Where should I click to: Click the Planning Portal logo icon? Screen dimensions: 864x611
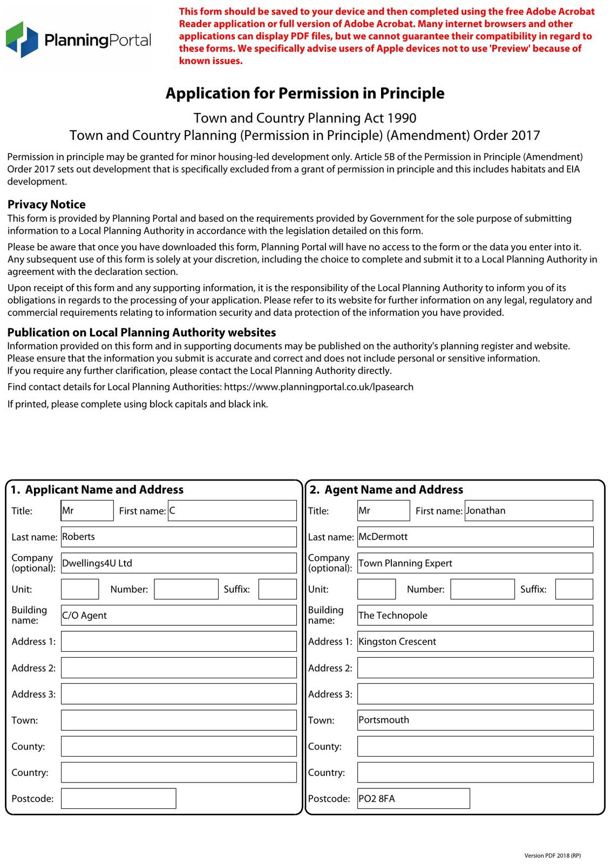pyautogui.click(x=22, y=39)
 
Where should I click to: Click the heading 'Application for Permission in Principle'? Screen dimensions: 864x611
pyautogui.click(x=305, y=93)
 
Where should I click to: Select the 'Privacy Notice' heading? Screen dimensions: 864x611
pyautogui.click(x=46, y=204)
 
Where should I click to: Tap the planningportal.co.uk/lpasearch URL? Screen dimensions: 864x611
pyautogui.click(x=318, y=387)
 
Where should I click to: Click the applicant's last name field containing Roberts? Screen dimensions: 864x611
pyautogui.click(x=179, y=537)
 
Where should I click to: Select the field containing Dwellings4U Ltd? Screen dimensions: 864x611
pyautogui.click(x=179, y=563)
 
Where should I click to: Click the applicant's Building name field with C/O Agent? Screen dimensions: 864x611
pyautogui.click(x=179, y=615)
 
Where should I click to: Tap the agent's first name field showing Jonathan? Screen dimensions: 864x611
pyautogui.click(x=528, y=510)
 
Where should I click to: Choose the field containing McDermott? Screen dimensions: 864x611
pyautogui.click(x=475, y=537)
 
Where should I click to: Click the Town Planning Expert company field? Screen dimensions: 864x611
pyautogui.click(x=475, y=563)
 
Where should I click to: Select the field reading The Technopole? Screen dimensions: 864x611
pyautogui.click(x=475, y=615)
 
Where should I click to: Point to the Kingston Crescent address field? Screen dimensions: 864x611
pyautogui.click(x=475, y=642)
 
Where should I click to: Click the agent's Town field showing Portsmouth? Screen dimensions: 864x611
pyautogui.click(x=475, y=720)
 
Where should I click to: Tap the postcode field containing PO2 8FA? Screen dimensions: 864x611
pyautogui.click(x=413, y=798)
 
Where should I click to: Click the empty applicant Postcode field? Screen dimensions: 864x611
pyautogui.click(x=118, y=798)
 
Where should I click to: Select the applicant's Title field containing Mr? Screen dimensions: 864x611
pyautogui.click(x=87, y=510)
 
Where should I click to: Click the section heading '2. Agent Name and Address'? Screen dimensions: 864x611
pyautogui.click(x=386, y=490)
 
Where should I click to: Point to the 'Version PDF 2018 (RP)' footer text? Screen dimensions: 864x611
pyautogui.click(x=552, y=855)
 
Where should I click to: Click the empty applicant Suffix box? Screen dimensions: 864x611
pyautogui.click(x=277, y=589)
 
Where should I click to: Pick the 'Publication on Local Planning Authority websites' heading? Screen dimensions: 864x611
pyautogui.click(x=141, y=333)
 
